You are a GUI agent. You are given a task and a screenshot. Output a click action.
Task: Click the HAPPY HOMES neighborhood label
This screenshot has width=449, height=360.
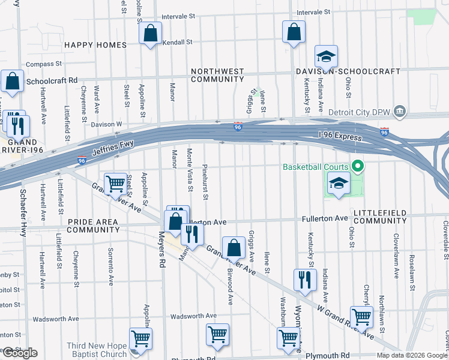pos(95,45)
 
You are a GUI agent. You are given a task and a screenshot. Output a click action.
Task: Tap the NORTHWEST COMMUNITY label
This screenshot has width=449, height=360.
pos(217,75)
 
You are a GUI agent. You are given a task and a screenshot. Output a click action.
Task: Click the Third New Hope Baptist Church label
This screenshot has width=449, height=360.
pos(97,350)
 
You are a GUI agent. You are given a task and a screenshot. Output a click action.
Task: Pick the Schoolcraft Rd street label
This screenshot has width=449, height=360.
pos(52,80)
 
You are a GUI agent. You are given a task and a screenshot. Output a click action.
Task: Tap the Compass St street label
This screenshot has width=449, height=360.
pos(43,64)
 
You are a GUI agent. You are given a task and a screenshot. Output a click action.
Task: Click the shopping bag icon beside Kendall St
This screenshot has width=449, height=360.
pos(151,34)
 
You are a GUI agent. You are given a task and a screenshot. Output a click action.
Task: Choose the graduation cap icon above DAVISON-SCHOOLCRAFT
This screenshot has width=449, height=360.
pos(326,57)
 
